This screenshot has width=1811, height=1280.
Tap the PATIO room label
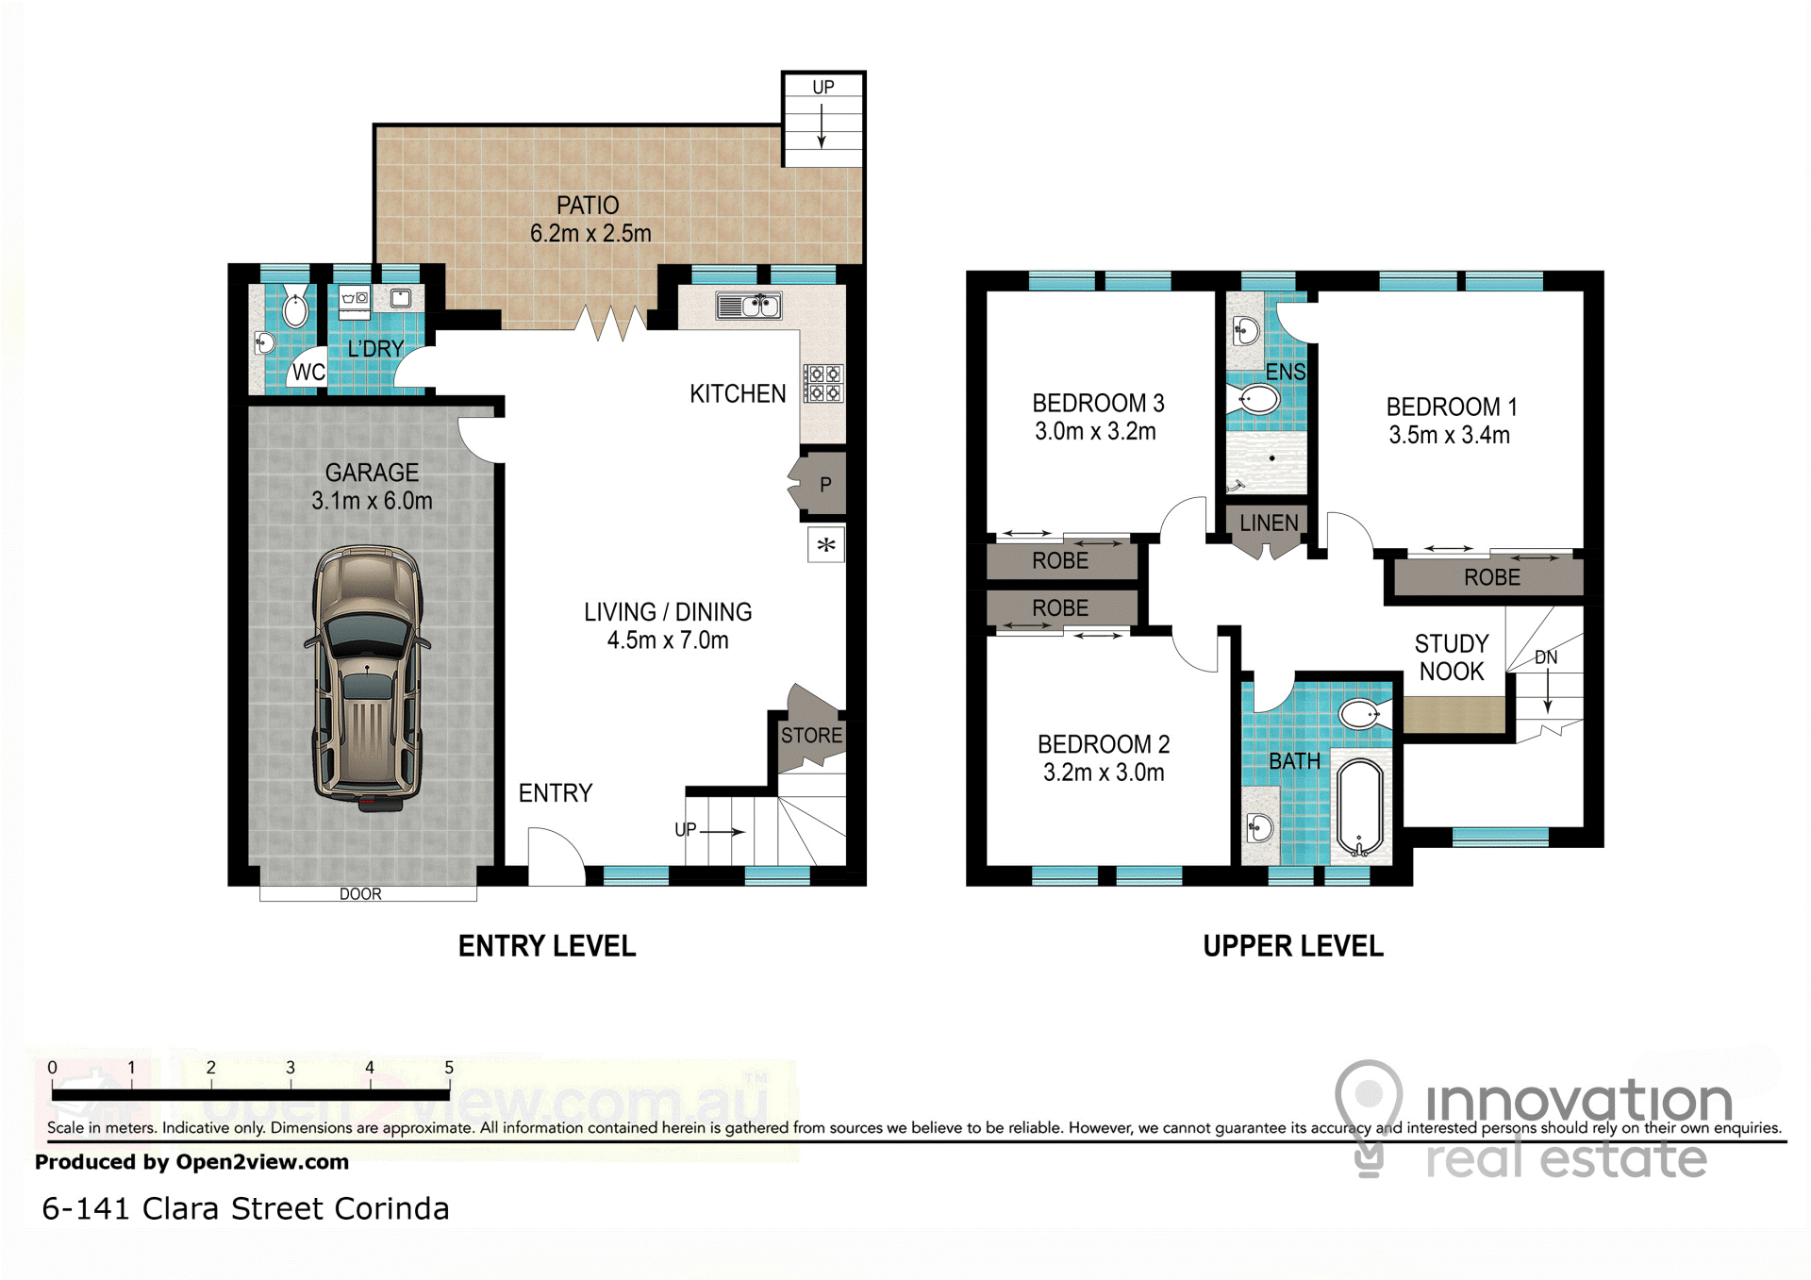coord(588,206)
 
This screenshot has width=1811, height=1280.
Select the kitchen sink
coord(748,306)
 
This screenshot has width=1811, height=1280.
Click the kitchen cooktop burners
coord(822,383)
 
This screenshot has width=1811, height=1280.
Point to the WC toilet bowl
coord(295,308)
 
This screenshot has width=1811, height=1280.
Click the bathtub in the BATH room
coord(1359,807)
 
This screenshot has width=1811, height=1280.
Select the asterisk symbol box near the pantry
coord(826,545)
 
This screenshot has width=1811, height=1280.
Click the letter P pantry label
coord(825,485)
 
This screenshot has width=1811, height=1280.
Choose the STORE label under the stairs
coord(811,735)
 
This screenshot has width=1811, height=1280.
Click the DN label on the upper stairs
coord(1546,657)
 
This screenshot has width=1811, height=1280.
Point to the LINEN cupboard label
coord(1269,523)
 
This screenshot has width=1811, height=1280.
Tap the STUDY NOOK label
coord(1452,657)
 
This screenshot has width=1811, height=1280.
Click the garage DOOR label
coord(360,894)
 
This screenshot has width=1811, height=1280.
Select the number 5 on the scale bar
coord(449,1068)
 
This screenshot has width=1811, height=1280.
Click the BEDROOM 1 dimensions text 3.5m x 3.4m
coord(1450,435)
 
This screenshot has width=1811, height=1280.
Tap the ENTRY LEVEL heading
coord(547,946)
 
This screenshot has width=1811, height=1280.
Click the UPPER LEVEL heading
coord(1293,946)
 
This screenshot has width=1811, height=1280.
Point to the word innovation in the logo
coord(1579,1100)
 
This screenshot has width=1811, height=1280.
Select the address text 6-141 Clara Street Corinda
coord(245,1208)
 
